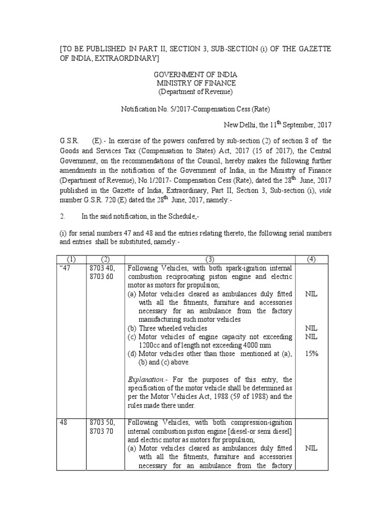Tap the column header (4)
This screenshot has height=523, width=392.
point(311,259)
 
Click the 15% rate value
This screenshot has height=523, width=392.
point(311,353)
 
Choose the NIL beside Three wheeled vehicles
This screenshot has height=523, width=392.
point(311,328)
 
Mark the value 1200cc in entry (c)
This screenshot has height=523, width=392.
point(151,345)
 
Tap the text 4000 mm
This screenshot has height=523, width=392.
point(263,345)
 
